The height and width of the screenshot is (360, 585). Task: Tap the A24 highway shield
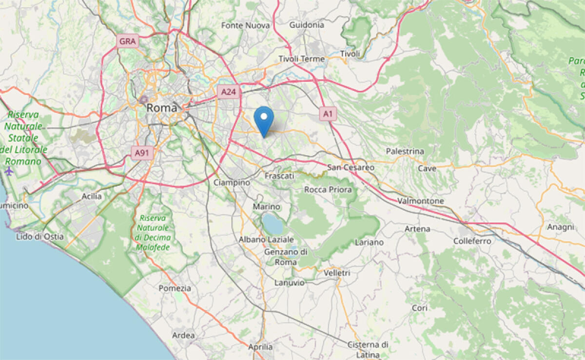point(229,91)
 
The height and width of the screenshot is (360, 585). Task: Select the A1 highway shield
point(328,114)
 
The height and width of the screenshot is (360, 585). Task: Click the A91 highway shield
point(142,153)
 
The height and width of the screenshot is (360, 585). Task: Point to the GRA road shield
point(127,41)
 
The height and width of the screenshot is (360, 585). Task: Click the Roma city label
point(162,108)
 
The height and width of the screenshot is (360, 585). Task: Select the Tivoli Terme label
point(301,59)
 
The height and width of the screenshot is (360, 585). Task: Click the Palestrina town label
point(405,152)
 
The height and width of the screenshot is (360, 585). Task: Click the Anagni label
point(561,227)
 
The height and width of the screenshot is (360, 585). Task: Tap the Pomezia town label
point(175,288)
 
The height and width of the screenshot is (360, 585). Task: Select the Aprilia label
point(260,347)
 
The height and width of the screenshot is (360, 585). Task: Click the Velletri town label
point(337,273)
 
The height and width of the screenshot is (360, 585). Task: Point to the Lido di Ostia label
point(40,237)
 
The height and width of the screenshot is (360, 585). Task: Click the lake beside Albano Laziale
point(272,223)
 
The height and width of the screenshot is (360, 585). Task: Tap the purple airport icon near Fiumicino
point(9,171)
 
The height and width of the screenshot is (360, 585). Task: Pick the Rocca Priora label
point(328,190)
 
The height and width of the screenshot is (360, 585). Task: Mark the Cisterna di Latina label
point(368,349)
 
